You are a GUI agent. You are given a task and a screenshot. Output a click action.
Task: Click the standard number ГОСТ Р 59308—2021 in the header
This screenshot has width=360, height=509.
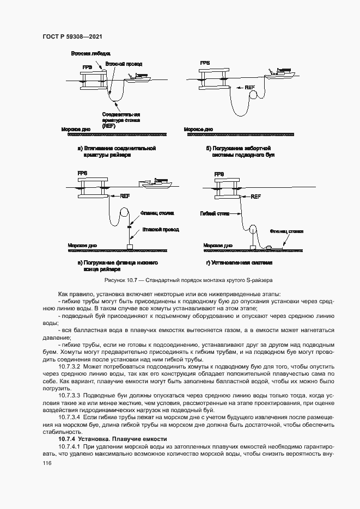pyautogui.click(x=72, y=37)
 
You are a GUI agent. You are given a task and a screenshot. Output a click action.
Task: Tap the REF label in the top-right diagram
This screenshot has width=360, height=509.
pyautogui.click(x=249, y=87)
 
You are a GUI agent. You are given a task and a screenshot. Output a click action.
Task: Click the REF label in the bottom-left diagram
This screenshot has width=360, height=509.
pyautogui.click(x=125, y=197)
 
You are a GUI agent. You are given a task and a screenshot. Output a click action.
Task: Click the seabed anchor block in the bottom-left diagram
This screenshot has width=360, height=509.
pyautogui.click(x=129, y=247)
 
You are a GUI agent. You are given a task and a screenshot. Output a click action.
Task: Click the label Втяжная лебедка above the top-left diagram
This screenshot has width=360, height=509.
pyautogui.click(x=90, y=54)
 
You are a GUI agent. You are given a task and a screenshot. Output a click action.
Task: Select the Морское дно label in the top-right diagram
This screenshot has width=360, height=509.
pyautogui.click(x=198, y=130)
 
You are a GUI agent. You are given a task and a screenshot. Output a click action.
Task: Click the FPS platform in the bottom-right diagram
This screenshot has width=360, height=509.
pyautogui.click(x=227, y=188)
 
